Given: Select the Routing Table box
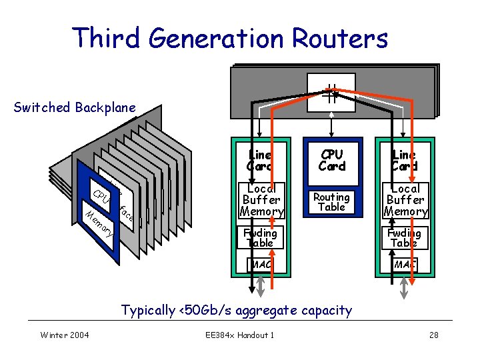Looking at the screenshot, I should pyautogui.click(x=331, y=201).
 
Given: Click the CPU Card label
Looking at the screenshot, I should pyautogui.click(x=331, y=160).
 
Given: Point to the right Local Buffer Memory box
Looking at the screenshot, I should pyautogui.click(x=405, y=200).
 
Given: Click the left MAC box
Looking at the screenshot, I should pyautogui.click(x=260, y=265).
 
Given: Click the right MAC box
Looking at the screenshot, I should pyautogui.click(x=405, y=265).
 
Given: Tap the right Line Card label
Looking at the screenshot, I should pyautogui.click(x=405, y=160).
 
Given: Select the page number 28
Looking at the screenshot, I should pyautogui.click(x=433, y=335).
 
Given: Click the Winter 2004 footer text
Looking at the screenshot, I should pyautogui.click(x=65, y=335).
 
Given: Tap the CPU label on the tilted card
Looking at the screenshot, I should pyautogui.click(x=101, y=197).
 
